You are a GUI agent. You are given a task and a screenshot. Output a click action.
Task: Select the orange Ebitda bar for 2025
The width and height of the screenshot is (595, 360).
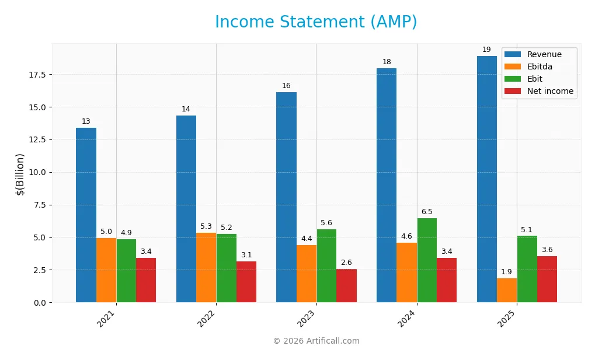click(507, 290)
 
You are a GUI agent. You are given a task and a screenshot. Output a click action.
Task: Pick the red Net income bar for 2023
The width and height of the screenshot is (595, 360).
click(346, 285)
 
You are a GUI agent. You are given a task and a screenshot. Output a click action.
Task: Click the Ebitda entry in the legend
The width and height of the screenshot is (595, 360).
click(540, 67)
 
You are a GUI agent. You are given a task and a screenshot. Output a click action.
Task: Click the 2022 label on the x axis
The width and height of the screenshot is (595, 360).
click(207, 319)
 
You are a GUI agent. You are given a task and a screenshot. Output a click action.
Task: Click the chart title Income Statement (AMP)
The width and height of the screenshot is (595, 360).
click(316, 22)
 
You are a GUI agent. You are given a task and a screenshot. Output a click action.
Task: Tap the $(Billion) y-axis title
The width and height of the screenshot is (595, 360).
click(20, 174)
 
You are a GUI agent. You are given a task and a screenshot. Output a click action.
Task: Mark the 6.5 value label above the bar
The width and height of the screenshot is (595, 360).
click(427, 212)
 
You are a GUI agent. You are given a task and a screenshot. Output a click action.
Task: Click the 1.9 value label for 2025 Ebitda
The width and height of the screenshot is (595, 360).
click(507, 272)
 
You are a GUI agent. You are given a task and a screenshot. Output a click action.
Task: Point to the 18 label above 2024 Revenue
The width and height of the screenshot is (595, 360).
click(387, 62)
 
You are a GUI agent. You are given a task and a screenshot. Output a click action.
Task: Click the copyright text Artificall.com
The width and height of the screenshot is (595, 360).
click(316, 341)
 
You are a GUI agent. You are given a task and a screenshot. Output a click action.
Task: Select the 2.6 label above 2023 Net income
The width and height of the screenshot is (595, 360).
click(346, 263)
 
